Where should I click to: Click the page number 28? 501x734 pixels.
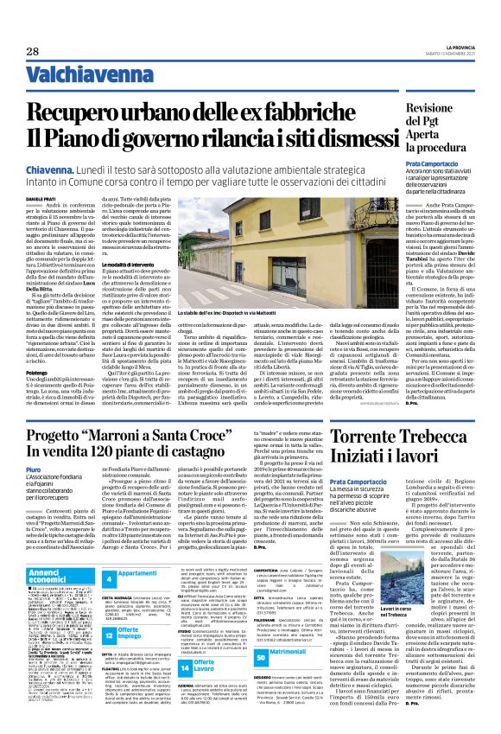[31, 29]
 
